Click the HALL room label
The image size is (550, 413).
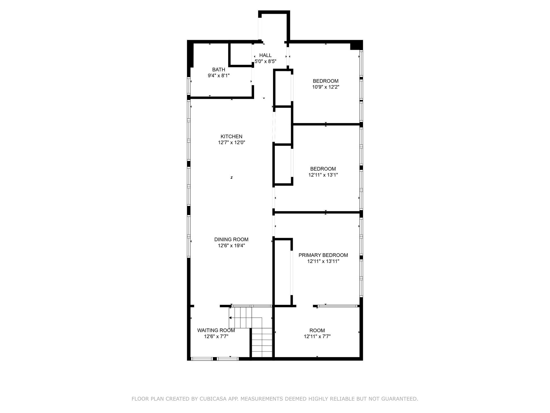coord(265,55)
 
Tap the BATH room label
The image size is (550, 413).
coord(219,70)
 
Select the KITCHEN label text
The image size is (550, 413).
coord(231,137)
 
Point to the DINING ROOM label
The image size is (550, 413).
coord(231,239)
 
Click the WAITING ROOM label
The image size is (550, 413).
coord(216,330)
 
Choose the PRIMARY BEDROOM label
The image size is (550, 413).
coord(323,255)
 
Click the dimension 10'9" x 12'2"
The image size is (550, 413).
coord(326,87)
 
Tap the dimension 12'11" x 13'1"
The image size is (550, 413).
coord(323,175)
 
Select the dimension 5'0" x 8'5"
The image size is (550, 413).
coord(266,61)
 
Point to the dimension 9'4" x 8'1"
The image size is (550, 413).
coord(219,76)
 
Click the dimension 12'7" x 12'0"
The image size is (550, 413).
coord(231,143)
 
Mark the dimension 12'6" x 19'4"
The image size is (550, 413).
coord(231,246)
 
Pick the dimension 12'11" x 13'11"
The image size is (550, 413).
coord(323,261)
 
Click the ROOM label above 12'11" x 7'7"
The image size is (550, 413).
coord(317,330)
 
